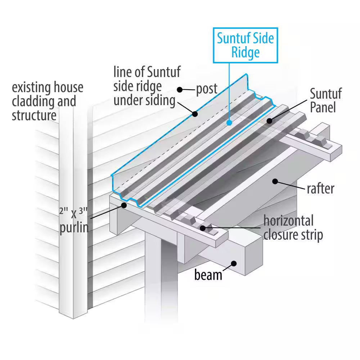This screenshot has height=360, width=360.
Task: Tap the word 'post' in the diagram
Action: (x=207, y=89)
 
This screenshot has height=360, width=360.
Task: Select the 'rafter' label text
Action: (x=320, y=188)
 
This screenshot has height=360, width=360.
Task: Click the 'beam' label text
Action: (x=208, y=275)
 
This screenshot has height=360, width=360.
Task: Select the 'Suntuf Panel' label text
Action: (x=326, y=101)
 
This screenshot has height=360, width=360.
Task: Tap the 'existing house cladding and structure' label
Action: (x=47, y=101)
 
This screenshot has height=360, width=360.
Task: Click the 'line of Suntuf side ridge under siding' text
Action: (x=147, y=86)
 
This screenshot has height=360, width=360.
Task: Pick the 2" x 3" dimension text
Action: (x=73, y=213)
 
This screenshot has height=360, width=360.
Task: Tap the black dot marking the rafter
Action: (x=275, y=181)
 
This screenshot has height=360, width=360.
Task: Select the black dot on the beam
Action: (x=234, y=263)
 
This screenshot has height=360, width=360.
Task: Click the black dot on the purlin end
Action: (x=124, y=205)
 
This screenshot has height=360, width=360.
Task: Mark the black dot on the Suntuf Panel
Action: (x=269, y=121)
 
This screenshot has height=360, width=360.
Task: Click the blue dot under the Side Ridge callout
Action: (x=229, y=122)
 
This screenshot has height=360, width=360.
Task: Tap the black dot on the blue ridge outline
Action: (x=195, y=114)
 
